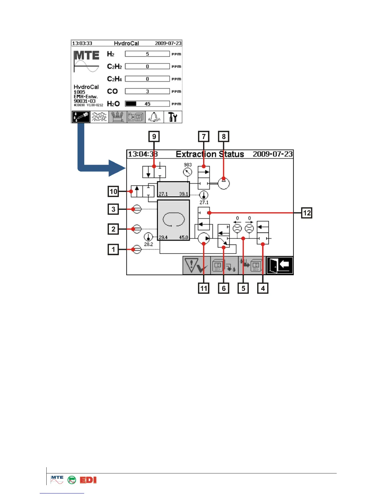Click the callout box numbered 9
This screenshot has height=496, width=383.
(154, 137)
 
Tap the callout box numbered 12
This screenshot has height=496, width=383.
(307, 213)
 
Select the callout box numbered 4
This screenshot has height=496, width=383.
(263, 288)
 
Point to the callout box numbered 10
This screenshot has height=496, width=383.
(113, 191)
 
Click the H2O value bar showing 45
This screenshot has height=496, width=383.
(147, 104)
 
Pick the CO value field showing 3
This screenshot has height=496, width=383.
(147, 91)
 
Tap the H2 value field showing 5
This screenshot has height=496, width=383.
(147, 54)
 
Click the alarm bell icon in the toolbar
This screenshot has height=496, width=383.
(155, 117)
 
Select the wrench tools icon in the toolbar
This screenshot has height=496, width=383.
(173, 117)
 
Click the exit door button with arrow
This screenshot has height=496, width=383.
(280, 266)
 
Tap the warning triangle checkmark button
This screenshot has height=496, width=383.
(196, 266)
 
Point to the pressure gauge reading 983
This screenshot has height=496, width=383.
(187, 172)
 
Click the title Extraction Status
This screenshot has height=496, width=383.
(210, 154)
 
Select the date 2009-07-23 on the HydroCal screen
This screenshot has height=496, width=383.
(168, 43)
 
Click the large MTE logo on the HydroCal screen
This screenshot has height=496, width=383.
(87, 56)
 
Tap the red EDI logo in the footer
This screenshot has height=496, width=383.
(88, 480)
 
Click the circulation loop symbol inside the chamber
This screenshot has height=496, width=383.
(173, 219)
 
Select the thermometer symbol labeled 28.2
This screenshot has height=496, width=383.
(148, 237)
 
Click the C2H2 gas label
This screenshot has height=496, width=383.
(114, 66)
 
